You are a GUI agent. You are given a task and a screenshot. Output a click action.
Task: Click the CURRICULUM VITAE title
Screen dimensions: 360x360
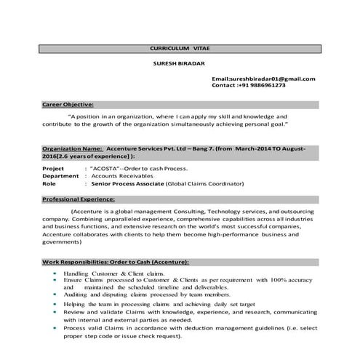(178, 48)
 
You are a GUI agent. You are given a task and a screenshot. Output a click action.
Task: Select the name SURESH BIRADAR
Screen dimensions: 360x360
(178, 63)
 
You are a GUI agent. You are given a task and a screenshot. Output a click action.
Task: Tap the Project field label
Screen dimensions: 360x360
(53, 168)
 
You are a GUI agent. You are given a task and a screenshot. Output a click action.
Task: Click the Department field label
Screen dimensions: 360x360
(60, 176)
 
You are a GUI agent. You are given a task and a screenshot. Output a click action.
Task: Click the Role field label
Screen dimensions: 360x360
(49, 184)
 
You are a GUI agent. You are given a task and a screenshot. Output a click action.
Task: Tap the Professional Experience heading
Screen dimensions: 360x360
(79, 199)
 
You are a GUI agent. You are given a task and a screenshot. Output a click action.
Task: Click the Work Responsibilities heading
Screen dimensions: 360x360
(116, 261)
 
